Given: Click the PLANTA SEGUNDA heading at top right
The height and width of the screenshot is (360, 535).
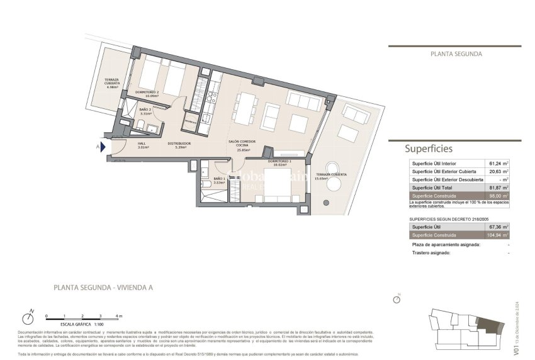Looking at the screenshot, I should coord(456,54).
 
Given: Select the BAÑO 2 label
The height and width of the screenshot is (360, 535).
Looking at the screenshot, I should coord(144,111).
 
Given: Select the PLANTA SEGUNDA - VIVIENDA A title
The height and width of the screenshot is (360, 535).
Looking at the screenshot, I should coord(103,288).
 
